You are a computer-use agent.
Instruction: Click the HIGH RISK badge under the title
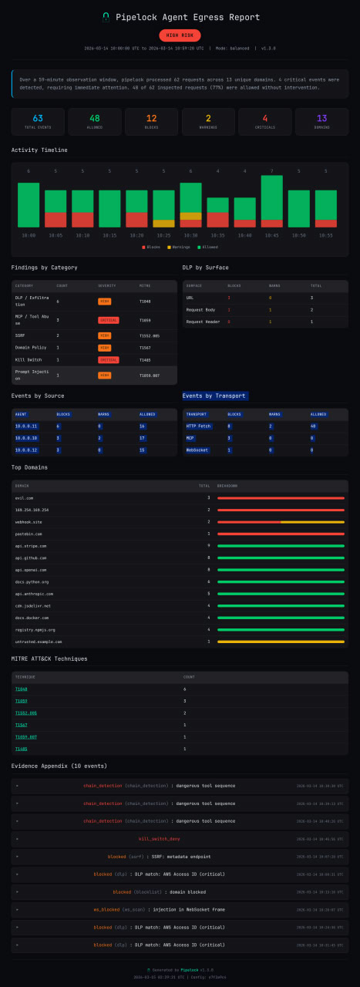click(x=180, y=35)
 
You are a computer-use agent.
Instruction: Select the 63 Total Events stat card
click(x=38, y=122)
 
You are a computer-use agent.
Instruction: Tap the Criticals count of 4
click(x=264, y=118)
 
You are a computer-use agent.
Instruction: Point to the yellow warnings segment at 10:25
click(x=163, y=224)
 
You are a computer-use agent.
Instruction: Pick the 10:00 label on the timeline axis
click(x=29, y=235)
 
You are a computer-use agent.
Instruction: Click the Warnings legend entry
click(x=179, y=248)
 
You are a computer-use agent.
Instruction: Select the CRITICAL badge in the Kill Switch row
click(x=108, y=360)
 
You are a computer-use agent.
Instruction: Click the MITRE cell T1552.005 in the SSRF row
click(x=149, y=336)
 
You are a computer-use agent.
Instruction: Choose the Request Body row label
click(x=200, y=309)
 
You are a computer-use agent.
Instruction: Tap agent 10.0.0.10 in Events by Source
click(x=26, y=437)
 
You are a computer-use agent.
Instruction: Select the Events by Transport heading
click(x=215, y=396)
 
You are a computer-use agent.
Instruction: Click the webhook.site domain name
click(x=29, y=522)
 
